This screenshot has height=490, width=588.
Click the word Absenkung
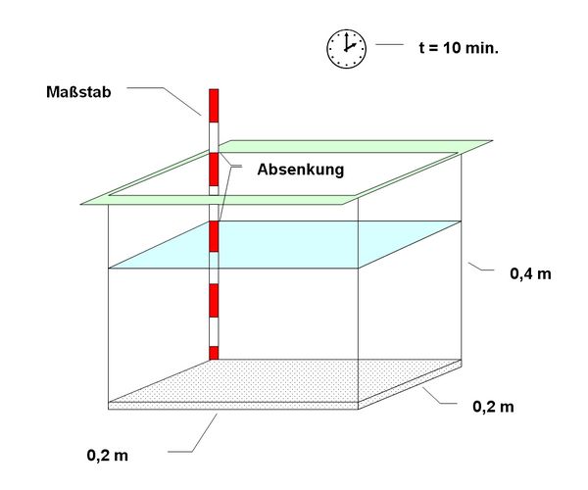[x=300, y=170]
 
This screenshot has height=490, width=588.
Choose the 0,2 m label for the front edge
[x=108, y=456]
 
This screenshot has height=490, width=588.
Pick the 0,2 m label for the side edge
[x=493, y=406]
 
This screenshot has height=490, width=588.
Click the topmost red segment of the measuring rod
[x=214, y=103]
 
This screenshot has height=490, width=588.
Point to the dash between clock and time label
[x=389, y=45]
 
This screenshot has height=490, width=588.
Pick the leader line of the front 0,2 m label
[x=196, y=436]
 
